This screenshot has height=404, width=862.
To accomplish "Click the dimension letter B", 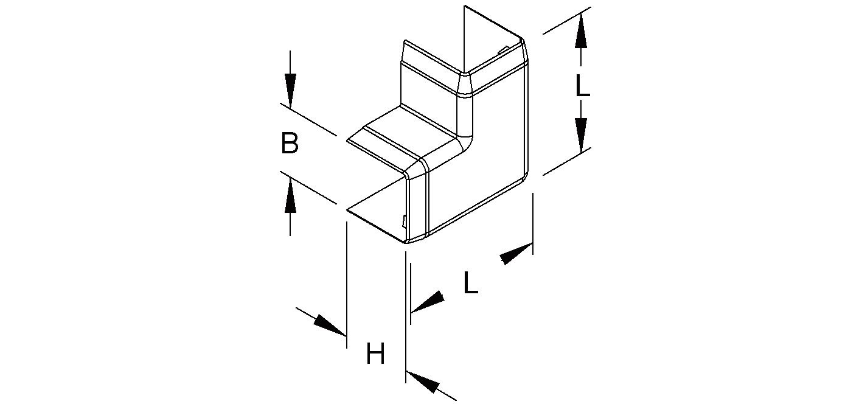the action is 290,143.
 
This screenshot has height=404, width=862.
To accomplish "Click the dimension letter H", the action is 375,353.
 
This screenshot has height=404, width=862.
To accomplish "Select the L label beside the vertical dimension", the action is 582,85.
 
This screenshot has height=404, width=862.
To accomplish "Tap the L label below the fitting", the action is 471,283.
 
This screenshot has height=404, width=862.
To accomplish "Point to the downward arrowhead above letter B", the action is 290,91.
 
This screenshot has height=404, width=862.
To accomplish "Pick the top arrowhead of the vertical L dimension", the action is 581,31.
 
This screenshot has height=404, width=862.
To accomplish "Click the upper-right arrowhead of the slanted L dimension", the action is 516,254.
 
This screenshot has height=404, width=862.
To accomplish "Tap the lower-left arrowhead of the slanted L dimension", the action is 428,302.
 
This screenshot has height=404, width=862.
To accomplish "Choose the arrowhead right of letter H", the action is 423,382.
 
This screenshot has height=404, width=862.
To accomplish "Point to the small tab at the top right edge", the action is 504,50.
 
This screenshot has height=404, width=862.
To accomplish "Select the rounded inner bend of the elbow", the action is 465,139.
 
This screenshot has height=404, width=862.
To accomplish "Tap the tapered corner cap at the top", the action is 465,85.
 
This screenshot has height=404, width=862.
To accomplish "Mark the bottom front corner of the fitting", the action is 406,243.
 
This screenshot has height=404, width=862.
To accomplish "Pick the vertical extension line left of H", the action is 347,285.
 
